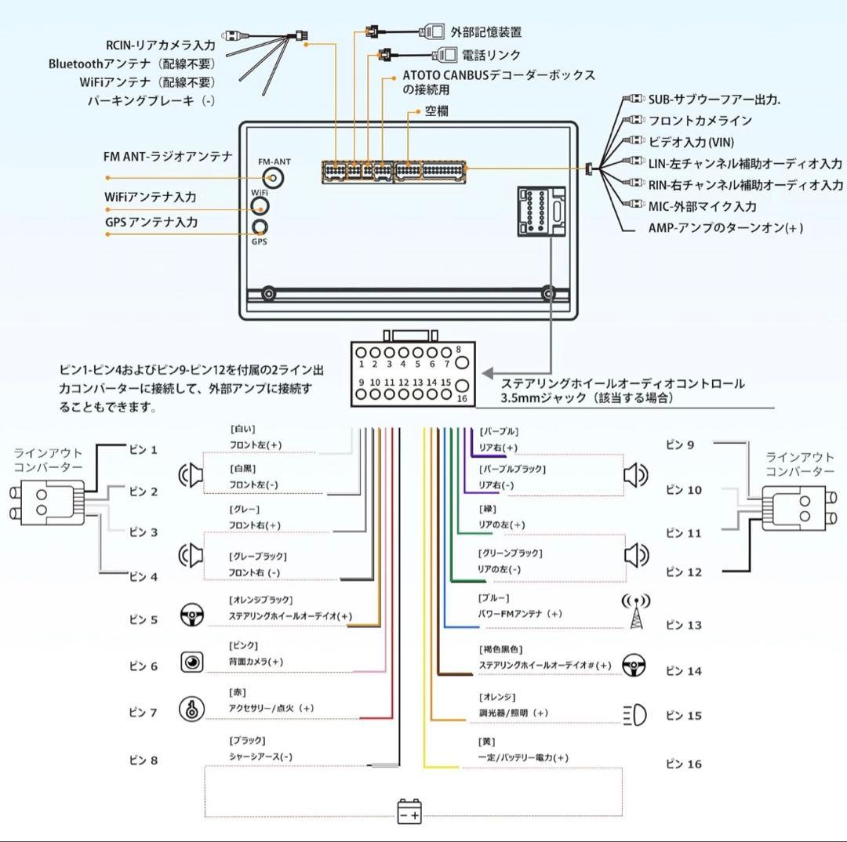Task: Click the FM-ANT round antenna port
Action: [x=274, y=178]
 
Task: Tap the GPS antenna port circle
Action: [x=260, y=227]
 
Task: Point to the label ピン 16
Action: [x=683, y=764]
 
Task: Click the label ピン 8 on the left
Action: [x=143, y=760]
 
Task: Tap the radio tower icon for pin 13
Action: [x=635, y=612]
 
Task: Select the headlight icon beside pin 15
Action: [x=634, y=714]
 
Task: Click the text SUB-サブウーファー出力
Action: [x=714, y=100]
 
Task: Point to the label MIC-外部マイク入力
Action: [x=702, y=206]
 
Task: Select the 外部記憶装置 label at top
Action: [x=485, y=32]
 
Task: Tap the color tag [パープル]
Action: [x=499, y=431]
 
